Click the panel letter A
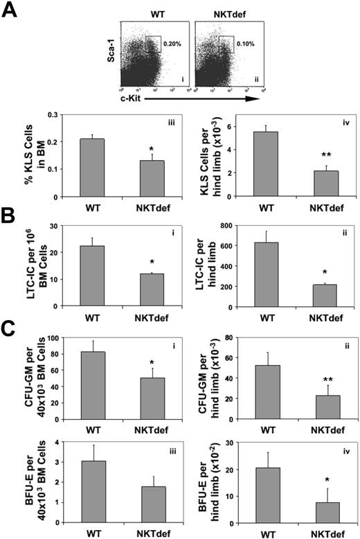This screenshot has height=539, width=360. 12,11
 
